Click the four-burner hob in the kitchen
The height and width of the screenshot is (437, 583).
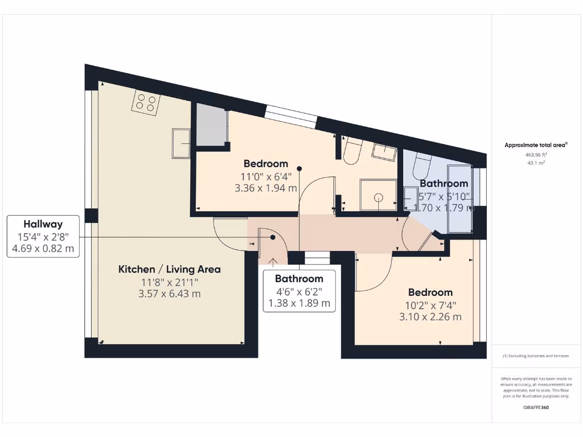tap(146, 102)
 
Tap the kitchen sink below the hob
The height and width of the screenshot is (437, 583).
tap(182, 143)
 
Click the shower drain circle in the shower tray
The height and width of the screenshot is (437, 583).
tap(378, 197)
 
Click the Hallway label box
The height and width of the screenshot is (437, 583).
tap(43, 236)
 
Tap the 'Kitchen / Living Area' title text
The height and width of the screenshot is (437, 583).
tap(169, 269)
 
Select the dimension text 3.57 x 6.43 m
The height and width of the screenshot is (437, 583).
tap(169, 294)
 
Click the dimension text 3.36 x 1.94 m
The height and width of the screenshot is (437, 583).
tap(266, 188)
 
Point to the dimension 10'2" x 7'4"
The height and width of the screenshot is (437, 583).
tap(430, 304)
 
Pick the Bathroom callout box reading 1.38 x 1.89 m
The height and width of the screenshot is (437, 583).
tap(299, 291)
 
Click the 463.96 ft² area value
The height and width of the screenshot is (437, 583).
tap(535, 154)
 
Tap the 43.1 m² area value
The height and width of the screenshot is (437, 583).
tap(535, 163)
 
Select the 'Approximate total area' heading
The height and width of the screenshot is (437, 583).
tap(535, 145)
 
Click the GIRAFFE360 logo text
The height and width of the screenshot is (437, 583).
tap(535, 407)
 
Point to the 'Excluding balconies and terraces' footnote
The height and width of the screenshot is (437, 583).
tap(535, 356)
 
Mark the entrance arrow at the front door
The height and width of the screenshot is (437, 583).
tap(273, 262)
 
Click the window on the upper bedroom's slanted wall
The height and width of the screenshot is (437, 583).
tap(290, 117)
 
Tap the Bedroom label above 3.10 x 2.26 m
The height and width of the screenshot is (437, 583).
tap(430, 292)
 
